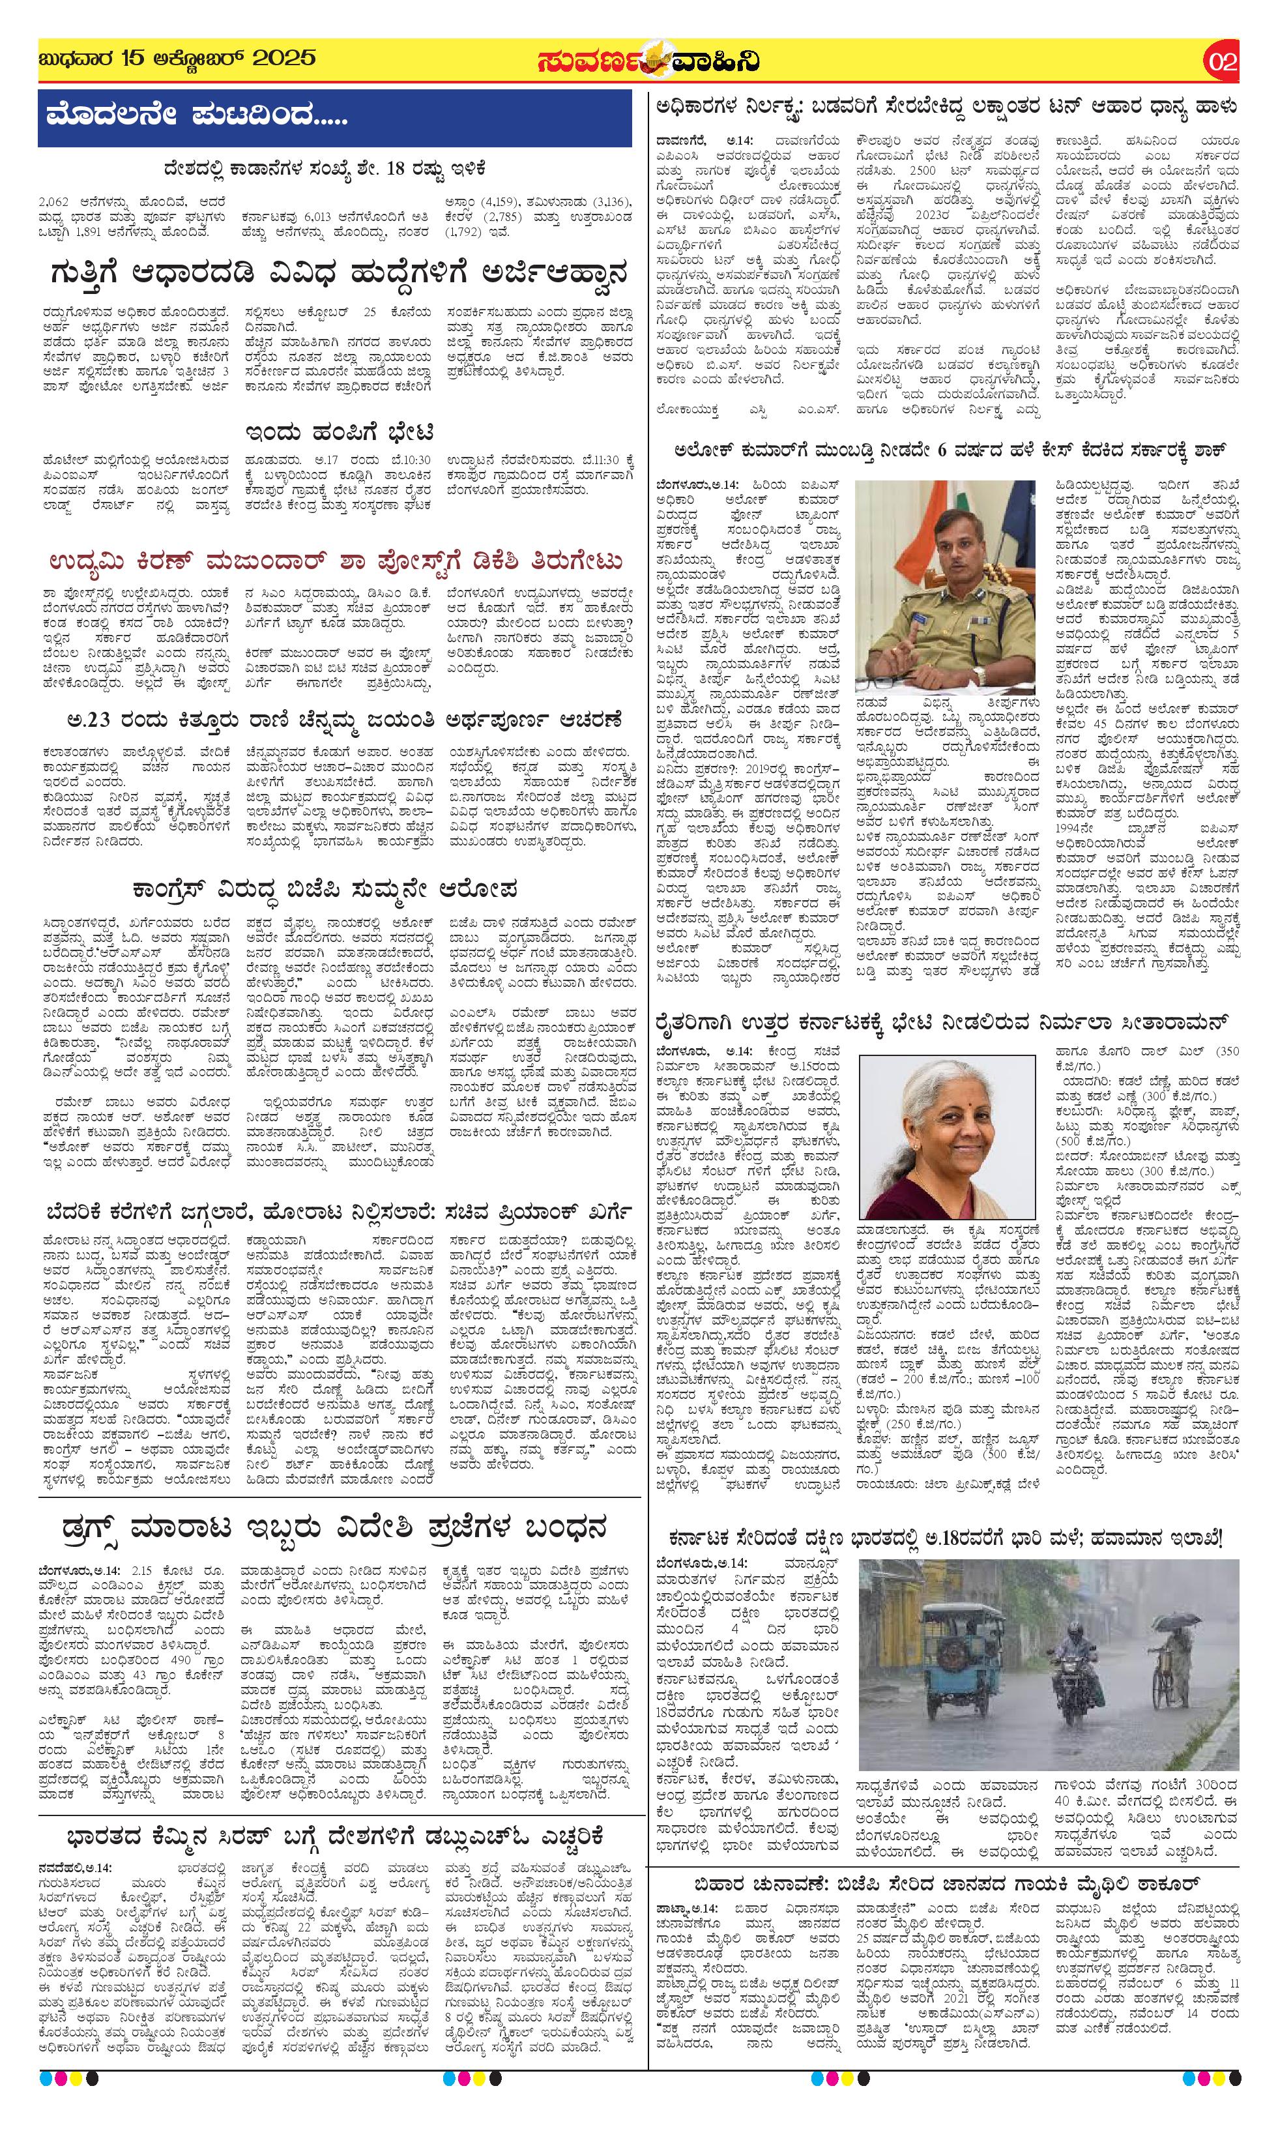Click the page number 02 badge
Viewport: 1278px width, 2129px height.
[x=1222, y=61]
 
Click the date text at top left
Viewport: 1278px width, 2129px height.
[x=177, y=59]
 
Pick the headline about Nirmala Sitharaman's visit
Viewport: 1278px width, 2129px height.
[x=943, y=1022]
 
